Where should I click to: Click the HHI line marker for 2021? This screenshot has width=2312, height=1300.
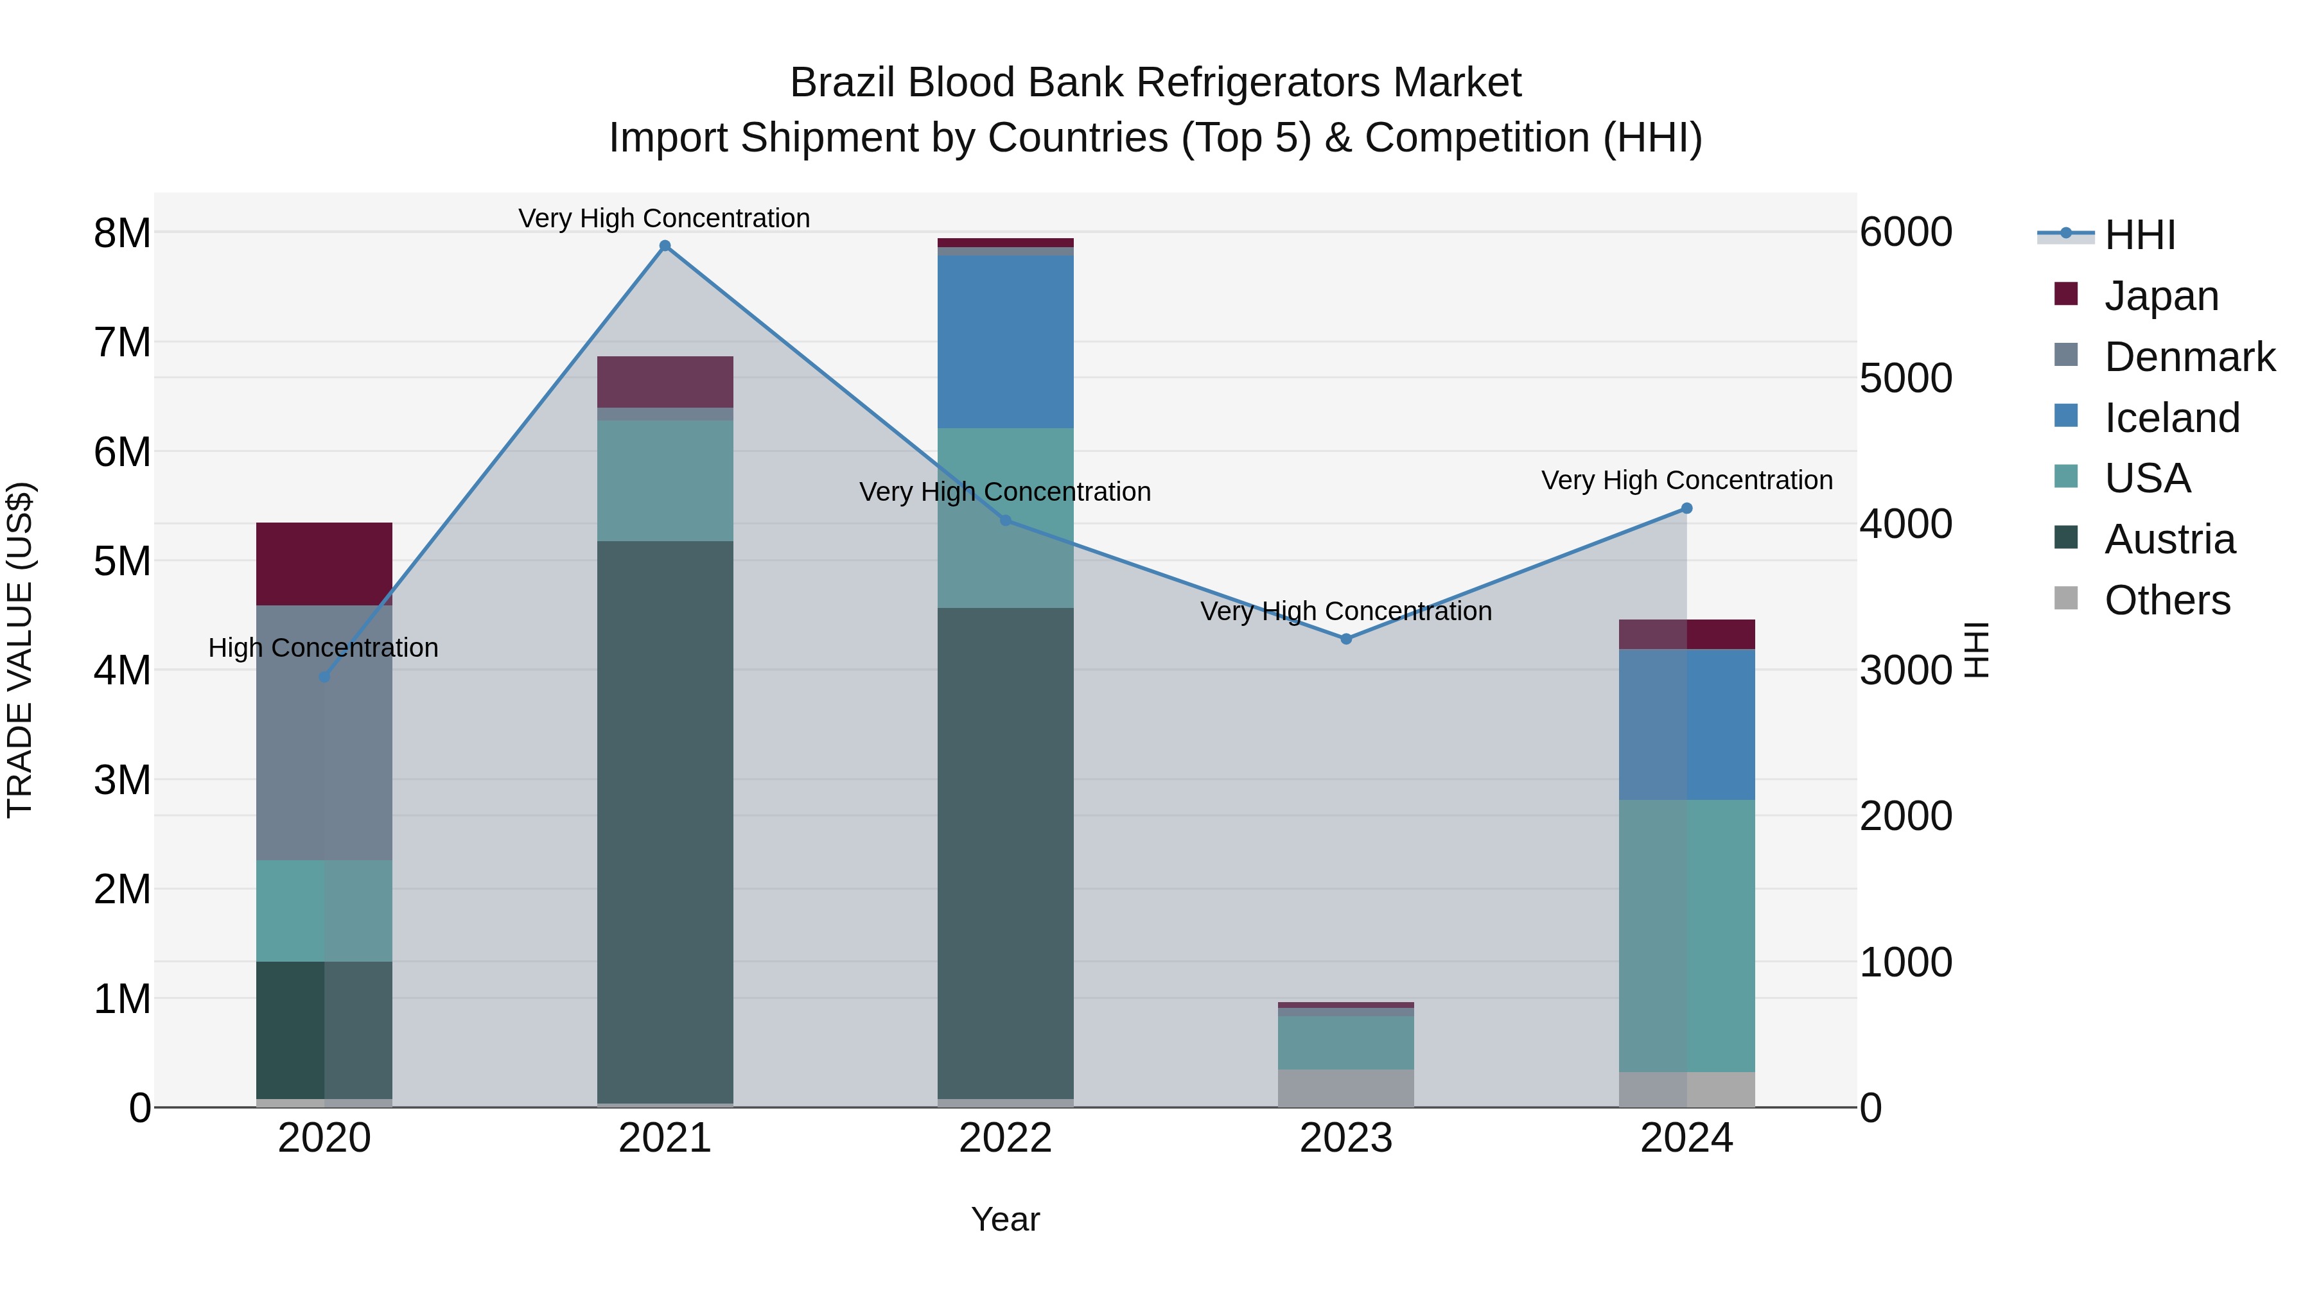pos(665,246)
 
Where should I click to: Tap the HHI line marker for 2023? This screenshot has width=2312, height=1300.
pos(1345,639)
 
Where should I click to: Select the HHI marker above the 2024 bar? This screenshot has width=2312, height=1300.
pos(1686,508)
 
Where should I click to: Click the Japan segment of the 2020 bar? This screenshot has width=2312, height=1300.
pos(324,564)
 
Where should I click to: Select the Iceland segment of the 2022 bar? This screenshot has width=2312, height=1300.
pos(1005,341)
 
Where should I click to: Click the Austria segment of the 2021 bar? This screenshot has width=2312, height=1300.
pos(665,821)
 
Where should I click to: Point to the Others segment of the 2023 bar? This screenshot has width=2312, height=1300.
pos(1345,1088)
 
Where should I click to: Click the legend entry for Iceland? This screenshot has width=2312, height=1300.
pos(2172,418)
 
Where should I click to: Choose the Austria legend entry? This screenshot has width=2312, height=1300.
pos(2169,539)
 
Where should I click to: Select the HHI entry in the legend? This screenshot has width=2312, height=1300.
pos(2140,235)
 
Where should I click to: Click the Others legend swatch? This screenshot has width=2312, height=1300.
pos(2066,598)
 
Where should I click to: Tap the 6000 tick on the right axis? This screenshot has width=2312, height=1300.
pos(1905,232)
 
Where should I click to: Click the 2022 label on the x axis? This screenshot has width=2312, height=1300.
pos(1005,1138)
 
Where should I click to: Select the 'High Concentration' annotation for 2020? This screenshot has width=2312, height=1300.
pos(323,648)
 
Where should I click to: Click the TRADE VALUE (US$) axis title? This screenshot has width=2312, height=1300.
pos(20,650)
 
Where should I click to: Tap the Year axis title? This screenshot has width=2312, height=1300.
pos(1005,1219)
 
